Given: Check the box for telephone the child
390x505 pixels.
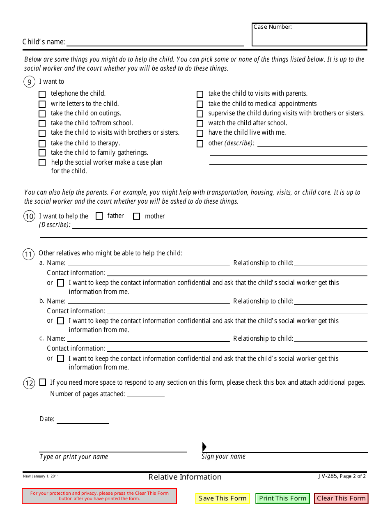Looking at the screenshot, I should point(42,94).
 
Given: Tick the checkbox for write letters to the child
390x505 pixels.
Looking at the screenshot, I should point(42,104).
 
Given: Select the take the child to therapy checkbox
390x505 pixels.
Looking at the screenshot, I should point(42,144).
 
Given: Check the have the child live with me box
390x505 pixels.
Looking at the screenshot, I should point(200,133).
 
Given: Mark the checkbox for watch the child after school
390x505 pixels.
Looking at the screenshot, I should point(200,124).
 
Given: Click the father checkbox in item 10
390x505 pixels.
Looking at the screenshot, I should point(99,216).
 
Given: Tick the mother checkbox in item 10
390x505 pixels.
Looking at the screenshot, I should point(137,216).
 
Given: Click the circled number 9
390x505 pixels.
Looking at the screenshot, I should point(29,82).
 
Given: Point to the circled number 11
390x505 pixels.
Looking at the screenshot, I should point(28,255).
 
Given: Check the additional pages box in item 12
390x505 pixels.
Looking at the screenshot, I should point(43,383).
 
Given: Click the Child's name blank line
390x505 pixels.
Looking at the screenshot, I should point(155,42).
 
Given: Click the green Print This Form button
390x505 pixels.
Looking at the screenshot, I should point(282,498).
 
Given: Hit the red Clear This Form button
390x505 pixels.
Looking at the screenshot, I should point(341,498).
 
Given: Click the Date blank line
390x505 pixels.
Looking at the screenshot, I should point(83,420).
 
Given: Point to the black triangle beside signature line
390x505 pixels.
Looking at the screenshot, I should point(204,447).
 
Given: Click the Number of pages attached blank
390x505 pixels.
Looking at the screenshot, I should point(146,394).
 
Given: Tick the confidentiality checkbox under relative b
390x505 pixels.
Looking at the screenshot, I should point(61,321).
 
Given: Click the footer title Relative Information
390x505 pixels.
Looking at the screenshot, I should point(185,477).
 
